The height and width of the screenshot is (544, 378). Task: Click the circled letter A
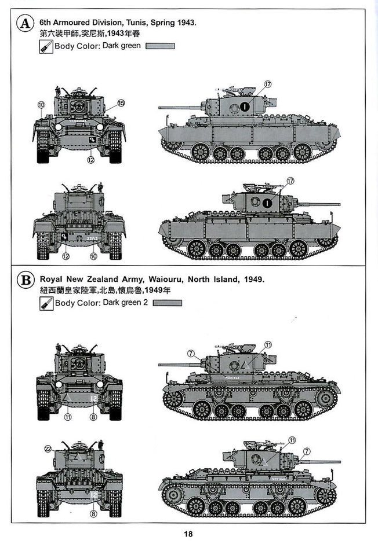tap(24, 24)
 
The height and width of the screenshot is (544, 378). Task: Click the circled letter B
tap(24, 281)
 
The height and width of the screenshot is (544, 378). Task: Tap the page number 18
tap(188, 534)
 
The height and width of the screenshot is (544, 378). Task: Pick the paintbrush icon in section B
tap(46, 303)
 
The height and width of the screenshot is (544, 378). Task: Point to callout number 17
tap(267, 84)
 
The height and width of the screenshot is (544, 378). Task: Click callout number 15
tap(121, 104)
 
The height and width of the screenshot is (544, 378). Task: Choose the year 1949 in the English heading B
tap(252, 280)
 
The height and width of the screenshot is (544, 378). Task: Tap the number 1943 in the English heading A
tap(187, 23)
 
